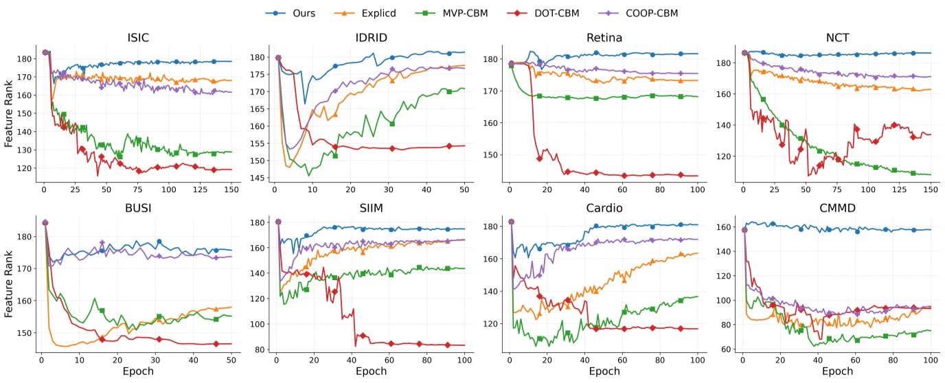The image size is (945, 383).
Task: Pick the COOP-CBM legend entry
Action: pos(650,13)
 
